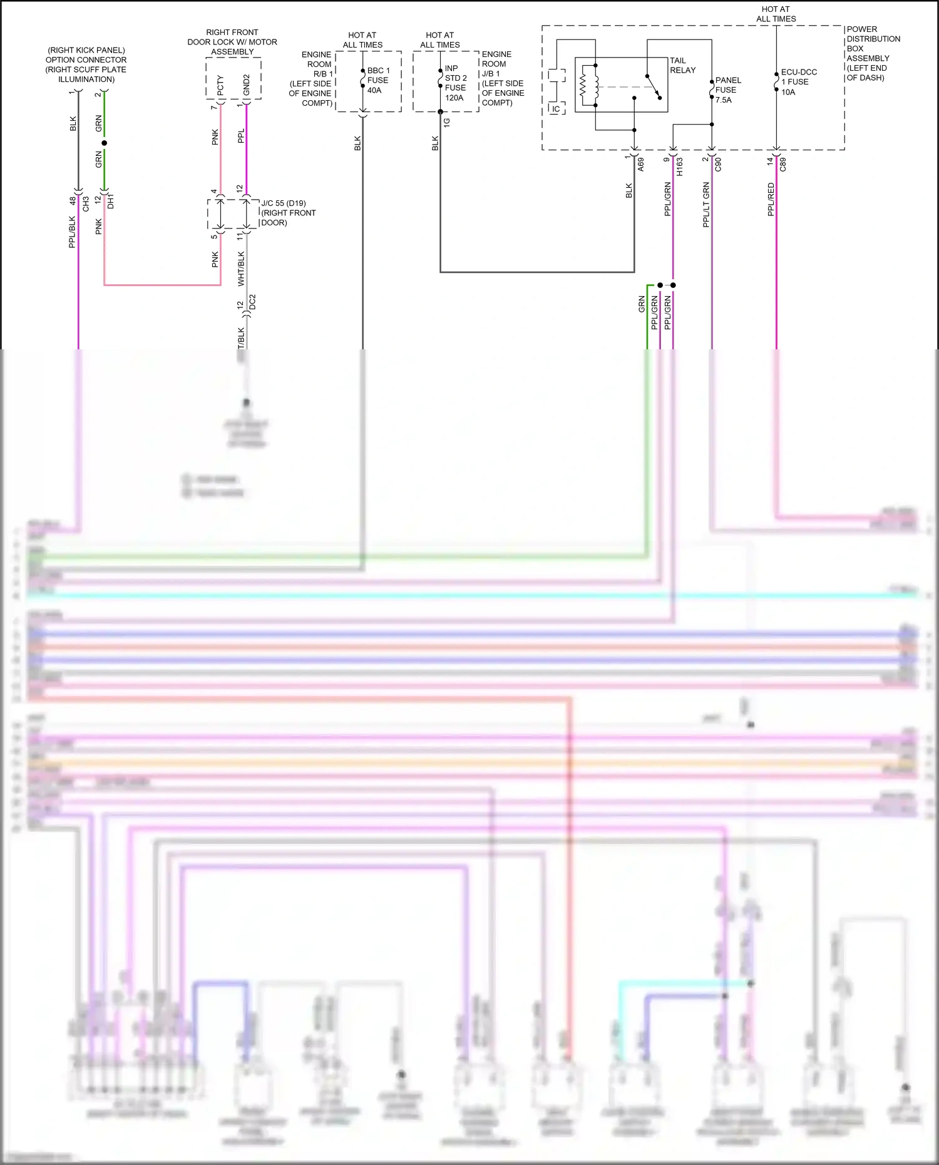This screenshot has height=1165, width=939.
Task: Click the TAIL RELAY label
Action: click(x=682, y=66)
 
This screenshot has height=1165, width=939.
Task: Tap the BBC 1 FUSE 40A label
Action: click(x=378, y=81)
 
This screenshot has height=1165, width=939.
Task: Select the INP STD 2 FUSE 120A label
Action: click(x=455, y=83)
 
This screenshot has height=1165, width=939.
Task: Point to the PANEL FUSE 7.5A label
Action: click(x=727, y=90)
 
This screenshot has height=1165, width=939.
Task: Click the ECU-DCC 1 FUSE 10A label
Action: click(x=798, y=82)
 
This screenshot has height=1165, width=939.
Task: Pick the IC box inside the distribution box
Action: click(x=556, y=109)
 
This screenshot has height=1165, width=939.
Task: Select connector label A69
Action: click(x=641, y=165)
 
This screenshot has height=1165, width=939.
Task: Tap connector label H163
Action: click(x=680, y=166)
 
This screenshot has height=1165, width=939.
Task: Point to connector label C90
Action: click(x=718, y=165)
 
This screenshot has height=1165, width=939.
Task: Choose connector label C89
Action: click(x=782, y=165)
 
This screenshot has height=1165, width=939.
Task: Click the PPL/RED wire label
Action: click(x=771, y=200)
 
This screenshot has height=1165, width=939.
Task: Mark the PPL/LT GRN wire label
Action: click(x=706, y=205)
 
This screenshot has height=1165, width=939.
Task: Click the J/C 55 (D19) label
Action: click(x=284, y=203)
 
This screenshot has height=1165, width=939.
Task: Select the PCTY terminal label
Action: click(x=220, y=86)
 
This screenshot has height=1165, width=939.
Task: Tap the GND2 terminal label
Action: click(x=247, y=85)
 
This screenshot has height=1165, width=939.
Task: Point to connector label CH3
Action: click(x=86, y=203)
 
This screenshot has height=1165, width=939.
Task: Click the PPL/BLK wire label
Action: click(x=73, y=232)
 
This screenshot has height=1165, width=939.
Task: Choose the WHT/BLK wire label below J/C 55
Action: click(x=242, y=269)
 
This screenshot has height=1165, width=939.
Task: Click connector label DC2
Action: click(x=253, y=302)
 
